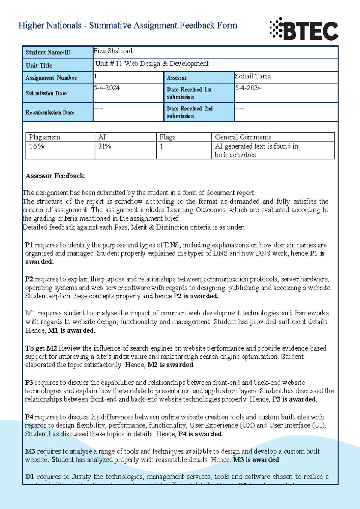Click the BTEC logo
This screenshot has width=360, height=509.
(x=304, y=29)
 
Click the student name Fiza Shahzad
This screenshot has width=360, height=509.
(x=113, y=51)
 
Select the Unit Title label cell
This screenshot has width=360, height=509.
(x=58, y=65)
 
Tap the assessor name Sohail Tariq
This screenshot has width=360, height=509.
(x=253, y=76)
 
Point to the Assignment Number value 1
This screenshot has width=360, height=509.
(x=95, y=76)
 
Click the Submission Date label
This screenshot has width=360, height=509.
(x=46, y=93)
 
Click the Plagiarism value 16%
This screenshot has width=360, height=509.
(x=37, y=146)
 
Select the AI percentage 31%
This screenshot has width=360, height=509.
(x=105, y=146)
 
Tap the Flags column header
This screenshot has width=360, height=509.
(x=167, y=137)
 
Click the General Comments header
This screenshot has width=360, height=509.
(x=243, y=137)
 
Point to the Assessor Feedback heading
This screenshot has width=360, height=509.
(x=55, y=176)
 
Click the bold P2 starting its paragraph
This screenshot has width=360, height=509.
(x=29, y=279)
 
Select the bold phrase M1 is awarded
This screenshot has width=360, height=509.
(x=72, y=330)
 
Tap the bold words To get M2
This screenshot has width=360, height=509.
(x=41, y=348)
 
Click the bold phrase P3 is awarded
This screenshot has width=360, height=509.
(x=294, y=399)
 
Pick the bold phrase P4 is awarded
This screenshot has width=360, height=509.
(x=200, y=434)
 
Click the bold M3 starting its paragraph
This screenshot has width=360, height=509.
(x=30, y=451)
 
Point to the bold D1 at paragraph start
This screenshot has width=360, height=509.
(x=30, y=477)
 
